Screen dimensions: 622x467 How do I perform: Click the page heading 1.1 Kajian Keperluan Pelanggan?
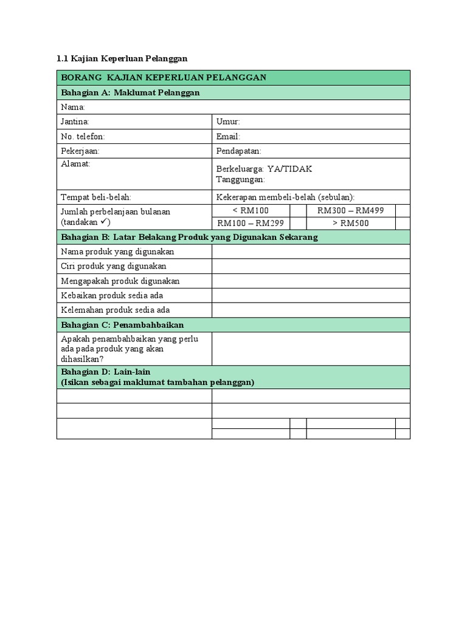(x=122, y=58)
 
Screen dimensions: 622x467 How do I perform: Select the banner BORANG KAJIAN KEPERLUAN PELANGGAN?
(x=164, y=78)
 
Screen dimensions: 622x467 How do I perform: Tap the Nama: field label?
(x=73, y=107)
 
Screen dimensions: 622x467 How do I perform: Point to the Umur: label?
(x=228, y=121)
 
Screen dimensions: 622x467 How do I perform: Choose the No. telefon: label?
(x=83, y=137)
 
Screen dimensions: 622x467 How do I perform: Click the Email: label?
(x=228, y=137)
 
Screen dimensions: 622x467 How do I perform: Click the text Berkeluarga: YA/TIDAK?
(x=264, y=169)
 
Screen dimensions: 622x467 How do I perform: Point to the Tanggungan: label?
(x=240, y=180)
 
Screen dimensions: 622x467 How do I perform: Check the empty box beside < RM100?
(x=298, y=210)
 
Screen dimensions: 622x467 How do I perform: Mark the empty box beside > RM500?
(x=403, y=223)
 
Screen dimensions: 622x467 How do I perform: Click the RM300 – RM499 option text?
(x=350, y=210)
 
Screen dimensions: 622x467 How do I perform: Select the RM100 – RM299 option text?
(x=251, y=223)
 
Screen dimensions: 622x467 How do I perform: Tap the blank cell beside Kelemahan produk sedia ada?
(x=311, y=310)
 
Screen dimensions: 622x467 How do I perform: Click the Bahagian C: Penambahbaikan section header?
(x=122, y=325)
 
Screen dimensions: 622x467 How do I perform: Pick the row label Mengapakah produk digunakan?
(x=120, y=281)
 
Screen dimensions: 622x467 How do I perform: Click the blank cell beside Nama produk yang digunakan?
(x=311, y=251)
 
